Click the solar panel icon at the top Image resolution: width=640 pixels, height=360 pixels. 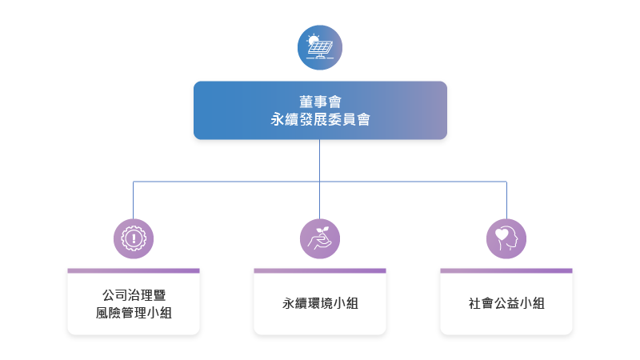point(319,49)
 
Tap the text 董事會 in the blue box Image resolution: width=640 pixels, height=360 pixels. point(319,101)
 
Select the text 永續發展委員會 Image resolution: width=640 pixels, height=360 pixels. point(319,119)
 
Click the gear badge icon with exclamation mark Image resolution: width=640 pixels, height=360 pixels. point(134,238)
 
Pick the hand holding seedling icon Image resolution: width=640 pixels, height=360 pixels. point(319,238)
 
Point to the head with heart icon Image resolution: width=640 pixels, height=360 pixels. point(506,238)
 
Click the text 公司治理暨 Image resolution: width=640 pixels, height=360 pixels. point(134,295)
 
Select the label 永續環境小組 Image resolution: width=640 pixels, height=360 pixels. point(319,304)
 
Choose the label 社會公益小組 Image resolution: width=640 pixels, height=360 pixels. point(506,304)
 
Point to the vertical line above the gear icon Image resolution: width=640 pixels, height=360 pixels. point(134,200)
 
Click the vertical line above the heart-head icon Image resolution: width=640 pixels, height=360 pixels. point(506,200)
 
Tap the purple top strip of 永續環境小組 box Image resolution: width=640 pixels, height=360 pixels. point(319,270)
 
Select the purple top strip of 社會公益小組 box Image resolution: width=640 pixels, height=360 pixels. point(506,270)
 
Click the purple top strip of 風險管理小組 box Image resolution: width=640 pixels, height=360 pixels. point(134,270)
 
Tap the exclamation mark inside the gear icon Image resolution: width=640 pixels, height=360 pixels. point(134,238)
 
